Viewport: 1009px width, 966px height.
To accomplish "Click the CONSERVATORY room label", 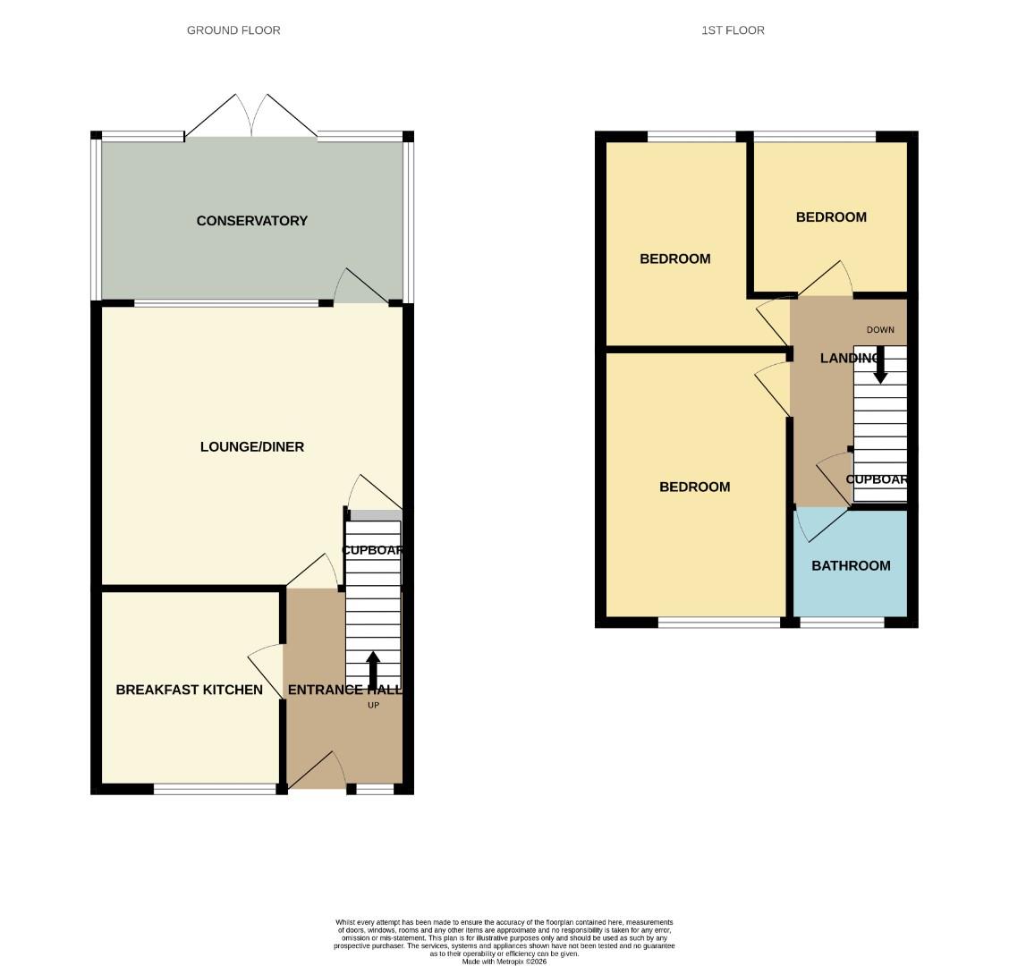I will pos(251,221).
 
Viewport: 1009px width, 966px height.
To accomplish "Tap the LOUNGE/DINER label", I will pos(251,446).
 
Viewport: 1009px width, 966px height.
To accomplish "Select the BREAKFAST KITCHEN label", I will pos(189,690).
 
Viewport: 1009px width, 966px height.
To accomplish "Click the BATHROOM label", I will pos(851,565).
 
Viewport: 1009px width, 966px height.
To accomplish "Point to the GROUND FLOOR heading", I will pos(233,30).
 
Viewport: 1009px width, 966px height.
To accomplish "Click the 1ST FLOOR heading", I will pos(733,30).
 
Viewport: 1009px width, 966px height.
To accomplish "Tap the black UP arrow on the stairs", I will pos(373,670).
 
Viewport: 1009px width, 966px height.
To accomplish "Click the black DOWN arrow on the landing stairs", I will pos(880,365).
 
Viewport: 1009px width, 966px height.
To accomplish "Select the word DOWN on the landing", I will pos(880,330).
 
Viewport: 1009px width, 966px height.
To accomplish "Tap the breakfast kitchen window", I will pos(215,789).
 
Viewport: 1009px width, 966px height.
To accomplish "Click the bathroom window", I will pos(842,622).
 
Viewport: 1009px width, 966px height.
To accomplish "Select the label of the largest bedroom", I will pos(694,487).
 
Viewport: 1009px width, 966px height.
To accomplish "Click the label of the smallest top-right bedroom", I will pos(831,216).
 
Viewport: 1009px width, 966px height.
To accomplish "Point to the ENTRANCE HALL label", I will pos(343,690).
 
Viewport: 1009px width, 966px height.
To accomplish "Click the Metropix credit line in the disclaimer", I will pos(504,962).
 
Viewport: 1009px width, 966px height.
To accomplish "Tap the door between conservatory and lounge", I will pos(358,288).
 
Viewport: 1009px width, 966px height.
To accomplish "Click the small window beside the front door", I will pos(375,789).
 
